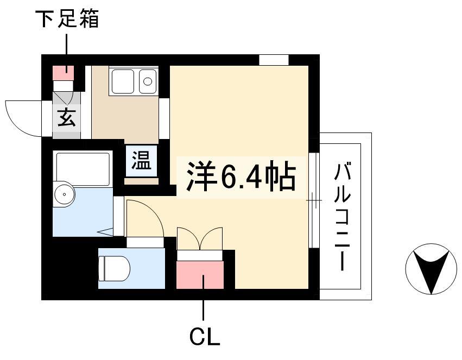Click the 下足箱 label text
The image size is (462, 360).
point(67,18)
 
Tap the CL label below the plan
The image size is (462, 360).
point(205,336)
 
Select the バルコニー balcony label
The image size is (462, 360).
point(343,217)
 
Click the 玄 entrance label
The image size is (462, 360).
point(67,117)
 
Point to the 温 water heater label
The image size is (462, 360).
point(142,160)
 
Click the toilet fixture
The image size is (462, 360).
point(115,268)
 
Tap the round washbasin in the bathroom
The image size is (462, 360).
point(64,194)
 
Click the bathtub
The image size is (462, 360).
point(83,168)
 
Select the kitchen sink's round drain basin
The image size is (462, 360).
point(147,81)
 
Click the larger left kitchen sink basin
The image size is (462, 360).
point(123,81)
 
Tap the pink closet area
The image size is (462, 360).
point(200,275)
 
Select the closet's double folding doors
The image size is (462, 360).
point(200,239)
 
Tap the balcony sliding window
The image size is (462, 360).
point(314,200)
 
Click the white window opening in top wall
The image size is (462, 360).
point(274,60)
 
